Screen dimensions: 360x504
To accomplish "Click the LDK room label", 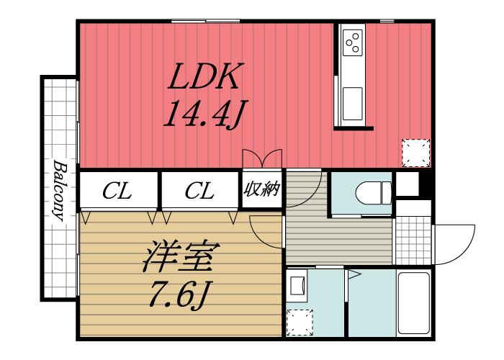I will click(x=206, y=77).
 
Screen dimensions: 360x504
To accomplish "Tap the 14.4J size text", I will click(x=206, y=113).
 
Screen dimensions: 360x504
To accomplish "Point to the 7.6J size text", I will click(x=180, y=294).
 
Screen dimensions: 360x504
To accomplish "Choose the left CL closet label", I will click(x=117, y=191).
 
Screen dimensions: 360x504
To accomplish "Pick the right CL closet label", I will click(x=199, y=191).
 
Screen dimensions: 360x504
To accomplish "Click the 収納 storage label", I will click(x=261, y=190).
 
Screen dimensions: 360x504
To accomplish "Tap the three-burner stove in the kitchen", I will click(x=353, y=43).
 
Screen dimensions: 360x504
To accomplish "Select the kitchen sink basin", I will click(x=353, y=104).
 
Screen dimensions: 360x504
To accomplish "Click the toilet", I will click(x=372, y=192).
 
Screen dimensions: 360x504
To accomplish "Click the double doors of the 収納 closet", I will click(x=261, y=159).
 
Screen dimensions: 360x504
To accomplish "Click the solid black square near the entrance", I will click(x=406, y=184).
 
